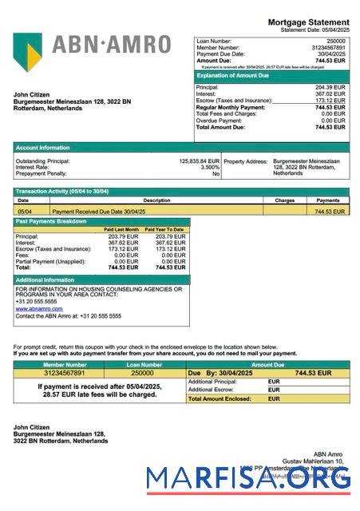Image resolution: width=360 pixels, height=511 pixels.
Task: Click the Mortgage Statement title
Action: (308, 22)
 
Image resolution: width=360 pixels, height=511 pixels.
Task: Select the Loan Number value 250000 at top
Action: (336, 40)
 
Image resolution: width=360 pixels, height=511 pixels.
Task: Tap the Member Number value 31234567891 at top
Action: (329, 47)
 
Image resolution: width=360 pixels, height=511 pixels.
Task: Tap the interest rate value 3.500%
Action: (209, 167)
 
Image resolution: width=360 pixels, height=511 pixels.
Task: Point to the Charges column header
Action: (285, 200)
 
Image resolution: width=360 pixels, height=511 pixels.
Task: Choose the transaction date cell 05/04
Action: (25, 212)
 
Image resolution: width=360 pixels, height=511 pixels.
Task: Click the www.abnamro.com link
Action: (39, 308)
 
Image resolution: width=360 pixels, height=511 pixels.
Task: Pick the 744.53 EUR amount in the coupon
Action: (313, 373)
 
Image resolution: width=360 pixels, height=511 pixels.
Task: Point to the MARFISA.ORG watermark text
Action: (248, 479)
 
